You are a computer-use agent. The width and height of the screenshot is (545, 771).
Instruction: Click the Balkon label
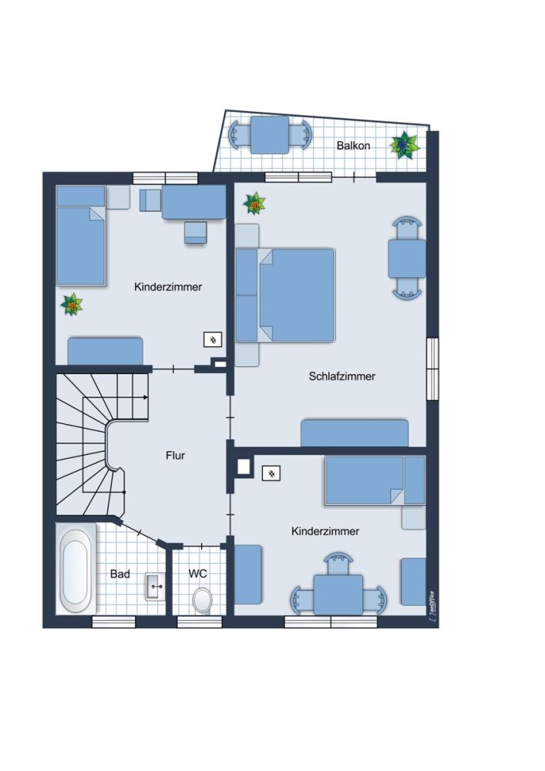(353, 146)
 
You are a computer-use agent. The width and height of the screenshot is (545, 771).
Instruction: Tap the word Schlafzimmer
(341, 376)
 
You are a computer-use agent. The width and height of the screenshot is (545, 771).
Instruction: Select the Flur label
(175, 456)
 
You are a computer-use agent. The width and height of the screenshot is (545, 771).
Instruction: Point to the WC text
(197, 574)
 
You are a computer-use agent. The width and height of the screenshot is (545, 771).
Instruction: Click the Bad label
(120, 574)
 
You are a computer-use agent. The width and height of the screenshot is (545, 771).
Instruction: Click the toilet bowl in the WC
(202, 600)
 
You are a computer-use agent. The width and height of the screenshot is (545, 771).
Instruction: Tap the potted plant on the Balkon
(404, 145)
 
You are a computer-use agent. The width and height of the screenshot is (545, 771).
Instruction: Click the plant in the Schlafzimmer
(254, 203)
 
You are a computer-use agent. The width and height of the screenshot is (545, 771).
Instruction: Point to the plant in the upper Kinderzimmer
(72, 305)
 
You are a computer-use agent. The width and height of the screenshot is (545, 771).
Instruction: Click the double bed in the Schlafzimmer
(285, 295)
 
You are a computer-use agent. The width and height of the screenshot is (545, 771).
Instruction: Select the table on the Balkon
(270, 135)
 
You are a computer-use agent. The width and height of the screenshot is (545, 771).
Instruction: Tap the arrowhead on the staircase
(146, 397)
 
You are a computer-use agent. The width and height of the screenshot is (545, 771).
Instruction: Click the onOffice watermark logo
(432, 606)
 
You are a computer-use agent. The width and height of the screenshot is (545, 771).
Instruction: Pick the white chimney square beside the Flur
(244, 466)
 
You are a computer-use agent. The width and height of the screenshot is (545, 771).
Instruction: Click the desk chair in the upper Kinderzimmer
(196, 232)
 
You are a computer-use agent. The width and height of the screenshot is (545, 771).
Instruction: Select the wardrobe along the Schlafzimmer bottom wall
(355, 433)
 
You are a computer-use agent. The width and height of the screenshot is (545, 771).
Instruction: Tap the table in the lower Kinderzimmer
(338, 594)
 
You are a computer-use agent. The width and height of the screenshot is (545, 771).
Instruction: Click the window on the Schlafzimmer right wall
(432, 369)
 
